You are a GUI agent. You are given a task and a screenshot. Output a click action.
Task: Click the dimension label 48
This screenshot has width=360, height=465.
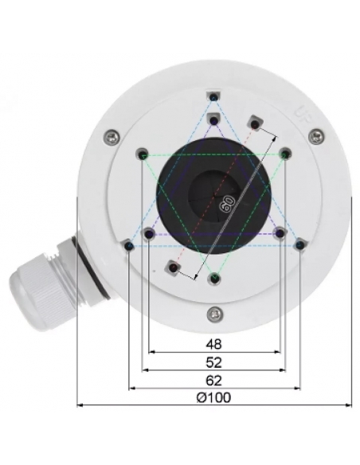coord(213,344)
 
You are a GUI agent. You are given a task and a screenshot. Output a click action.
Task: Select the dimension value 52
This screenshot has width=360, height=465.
coord(213,362)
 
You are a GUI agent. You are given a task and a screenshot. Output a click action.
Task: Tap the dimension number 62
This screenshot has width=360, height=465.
coord(213,380)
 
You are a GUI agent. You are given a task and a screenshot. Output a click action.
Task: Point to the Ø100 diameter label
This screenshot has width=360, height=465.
coord(213,397)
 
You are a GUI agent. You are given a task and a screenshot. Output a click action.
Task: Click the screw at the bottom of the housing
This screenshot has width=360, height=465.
coord(214,313)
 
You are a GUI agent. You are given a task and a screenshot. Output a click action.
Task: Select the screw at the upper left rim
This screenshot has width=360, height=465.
coord(112,137)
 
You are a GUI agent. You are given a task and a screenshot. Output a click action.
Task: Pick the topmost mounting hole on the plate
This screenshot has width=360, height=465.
coord(213,97)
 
